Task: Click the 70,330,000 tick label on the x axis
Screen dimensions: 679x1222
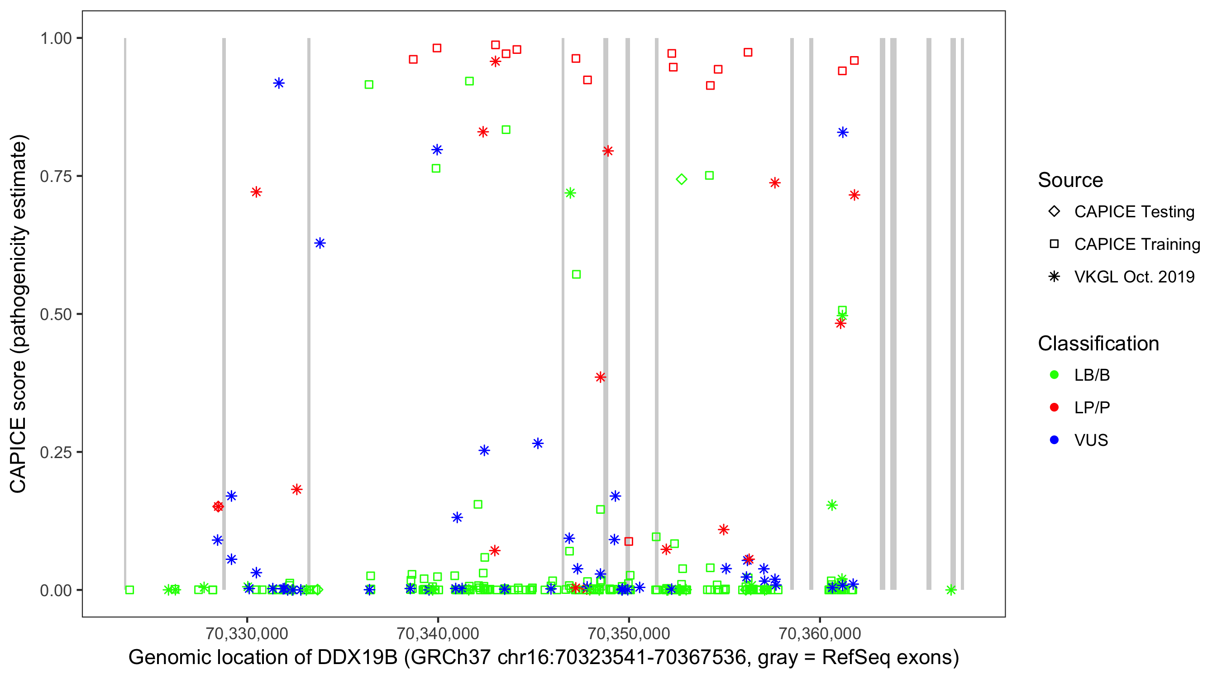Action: click(x=247, y=633)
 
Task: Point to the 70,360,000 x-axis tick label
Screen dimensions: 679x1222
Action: click(x=820, y=633)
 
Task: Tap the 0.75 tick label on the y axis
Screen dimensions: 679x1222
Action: click(x=55, y=177)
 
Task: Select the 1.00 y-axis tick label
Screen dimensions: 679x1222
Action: click(x=55, y=38)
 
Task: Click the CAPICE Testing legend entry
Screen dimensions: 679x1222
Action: click(x=1134, y=212)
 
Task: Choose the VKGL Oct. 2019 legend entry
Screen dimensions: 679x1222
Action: click(x=1134, y=277)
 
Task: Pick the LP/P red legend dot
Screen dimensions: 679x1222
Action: click(x=1054, y=407)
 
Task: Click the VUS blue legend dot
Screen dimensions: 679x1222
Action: click(x=1054, y=440)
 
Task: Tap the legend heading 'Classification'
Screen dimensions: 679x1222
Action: click(x=1098, y=344)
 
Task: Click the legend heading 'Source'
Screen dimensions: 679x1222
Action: click(x=1070, y=180)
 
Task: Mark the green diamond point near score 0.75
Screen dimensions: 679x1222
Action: click(x=681, y=179)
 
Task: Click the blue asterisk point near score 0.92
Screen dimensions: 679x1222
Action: click(x=279, y=83)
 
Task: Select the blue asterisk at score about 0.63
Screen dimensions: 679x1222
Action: click(x=320, y=244)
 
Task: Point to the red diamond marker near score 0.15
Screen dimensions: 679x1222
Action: click(x=218, y=507)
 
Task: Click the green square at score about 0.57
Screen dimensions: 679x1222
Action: click(x=576, y=275)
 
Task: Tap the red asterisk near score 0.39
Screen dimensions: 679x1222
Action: click(x=600, y=378)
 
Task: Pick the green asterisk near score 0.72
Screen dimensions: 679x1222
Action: click(x=570, y=193)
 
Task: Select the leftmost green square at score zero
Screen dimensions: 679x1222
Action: click(x=129, y=590)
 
